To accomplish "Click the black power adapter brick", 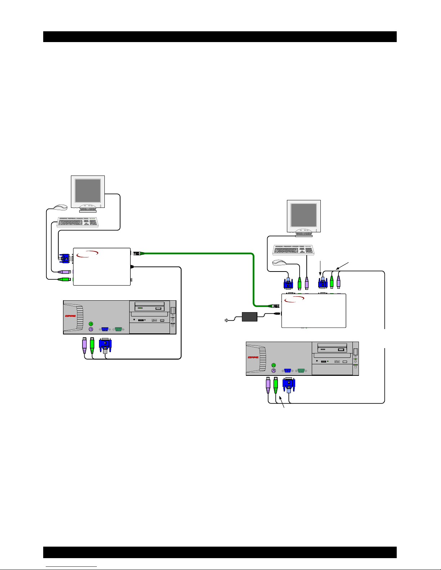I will pos(249,317).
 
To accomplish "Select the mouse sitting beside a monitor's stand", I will pos(60,207).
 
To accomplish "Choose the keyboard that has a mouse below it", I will pos(293,250).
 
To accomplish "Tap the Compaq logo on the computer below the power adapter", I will pos(254,357).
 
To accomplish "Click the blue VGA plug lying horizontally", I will pos(64,258).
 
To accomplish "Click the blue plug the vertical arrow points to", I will pos(323,283).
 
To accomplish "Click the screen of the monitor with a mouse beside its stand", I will pos(87,191).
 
